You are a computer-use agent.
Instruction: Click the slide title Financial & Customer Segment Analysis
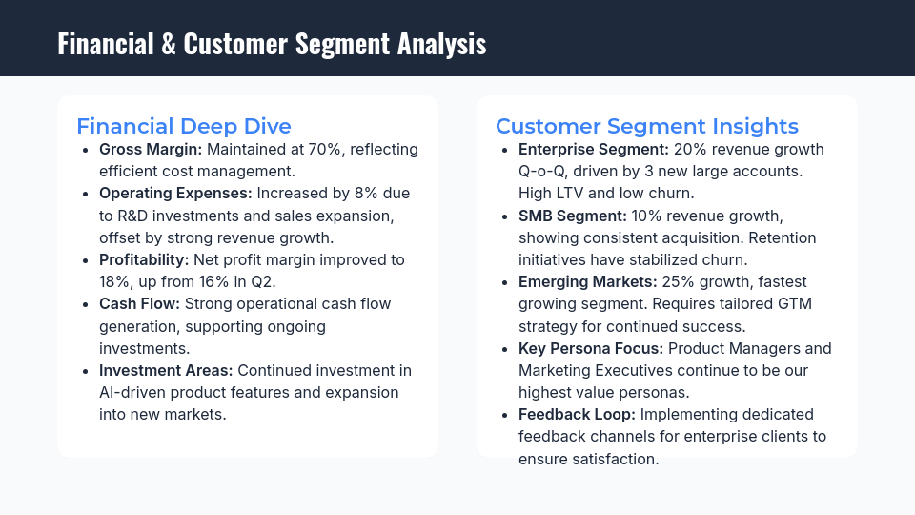click(272, 44)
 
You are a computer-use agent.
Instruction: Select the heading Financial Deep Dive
click(184, 126)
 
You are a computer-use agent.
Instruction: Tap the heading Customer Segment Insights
click(647, 126)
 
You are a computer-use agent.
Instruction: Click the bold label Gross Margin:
click(151, 150)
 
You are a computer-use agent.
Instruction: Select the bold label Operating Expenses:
click(175, 194)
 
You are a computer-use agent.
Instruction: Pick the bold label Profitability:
click(144, 259)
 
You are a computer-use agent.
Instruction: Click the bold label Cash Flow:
click(139, 303)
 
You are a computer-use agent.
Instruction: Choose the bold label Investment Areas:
click(166, 370)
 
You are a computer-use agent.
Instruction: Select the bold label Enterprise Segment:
click(594, 150)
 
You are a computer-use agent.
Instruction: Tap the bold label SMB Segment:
click(573, 216)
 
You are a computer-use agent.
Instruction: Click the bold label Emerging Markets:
click(588, 281)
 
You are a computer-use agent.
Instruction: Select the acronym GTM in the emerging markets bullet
click(790, 303)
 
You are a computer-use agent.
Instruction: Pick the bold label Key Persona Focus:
click(591, 348)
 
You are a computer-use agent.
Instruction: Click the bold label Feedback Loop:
click(578, 414)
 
